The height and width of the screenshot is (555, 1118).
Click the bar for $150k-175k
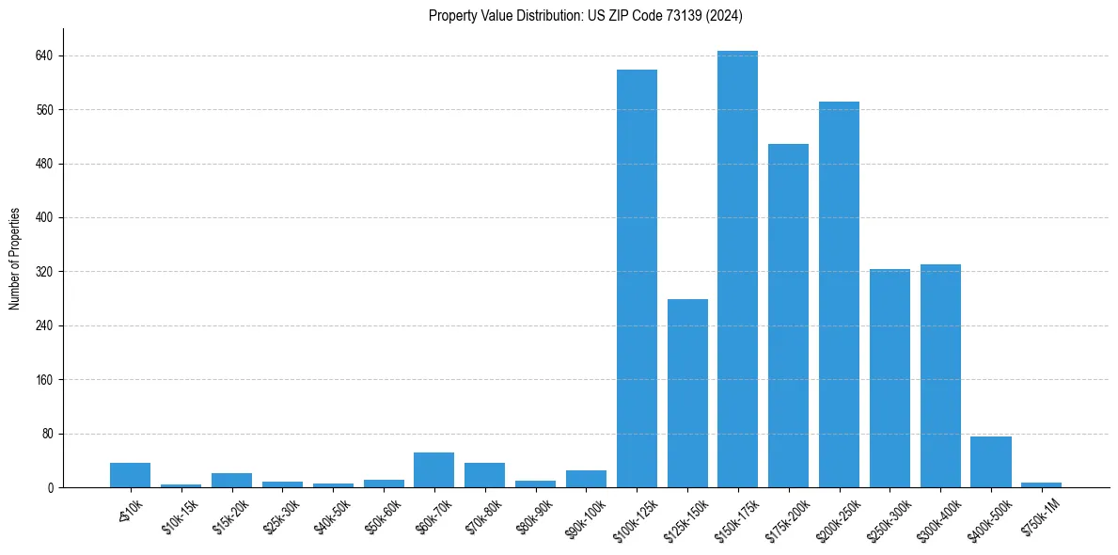click(737, 269)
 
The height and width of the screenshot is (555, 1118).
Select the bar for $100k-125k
click(637, 278)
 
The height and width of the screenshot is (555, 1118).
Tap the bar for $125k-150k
click(687, 393)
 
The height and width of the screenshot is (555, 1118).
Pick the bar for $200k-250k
click(839, 294)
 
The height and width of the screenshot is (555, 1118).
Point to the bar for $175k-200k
click(788, 315)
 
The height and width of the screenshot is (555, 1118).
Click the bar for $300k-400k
click(940, 376)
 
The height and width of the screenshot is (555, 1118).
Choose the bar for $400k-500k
click(991, 462)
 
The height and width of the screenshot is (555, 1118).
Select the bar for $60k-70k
click(433, 470)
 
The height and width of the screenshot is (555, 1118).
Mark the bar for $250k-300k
click(890, 378)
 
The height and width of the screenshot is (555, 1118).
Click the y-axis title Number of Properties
click(14, 259)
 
